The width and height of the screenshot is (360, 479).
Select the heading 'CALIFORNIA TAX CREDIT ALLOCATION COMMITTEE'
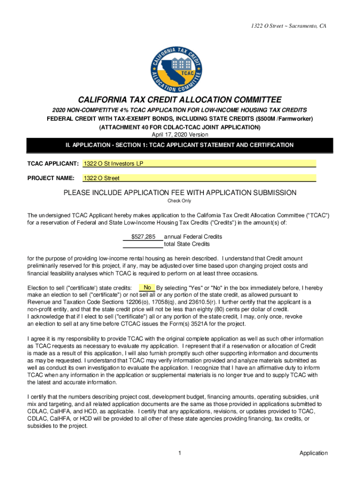pos(180,100)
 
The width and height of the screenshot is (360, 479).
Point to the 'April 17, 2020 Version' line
pos(180,135)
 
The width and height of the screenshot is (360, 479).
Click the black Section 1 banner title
pos(180,145)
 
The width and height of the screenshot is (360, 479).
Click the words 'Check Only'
pos(180,201)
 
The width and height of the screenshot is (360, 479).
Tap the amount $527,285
pos(143,237)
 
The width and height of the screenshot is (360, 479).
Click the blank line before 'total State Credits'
pos(143,244)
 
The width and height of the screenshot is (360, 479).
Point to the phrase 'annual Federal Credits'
pos(193,237)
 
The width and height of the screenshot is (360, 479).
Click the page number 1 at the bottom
pos(180,453)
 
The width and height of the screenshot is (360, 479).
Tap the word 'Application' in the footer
pos(313,453)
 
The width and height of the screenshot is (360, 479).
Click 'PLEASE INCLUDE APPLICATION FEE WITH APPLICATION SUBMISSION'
pos(180,193)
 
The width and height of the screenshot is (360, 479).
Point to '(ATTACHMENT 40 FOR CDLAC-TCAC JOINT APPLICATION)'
pos(180,127)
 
